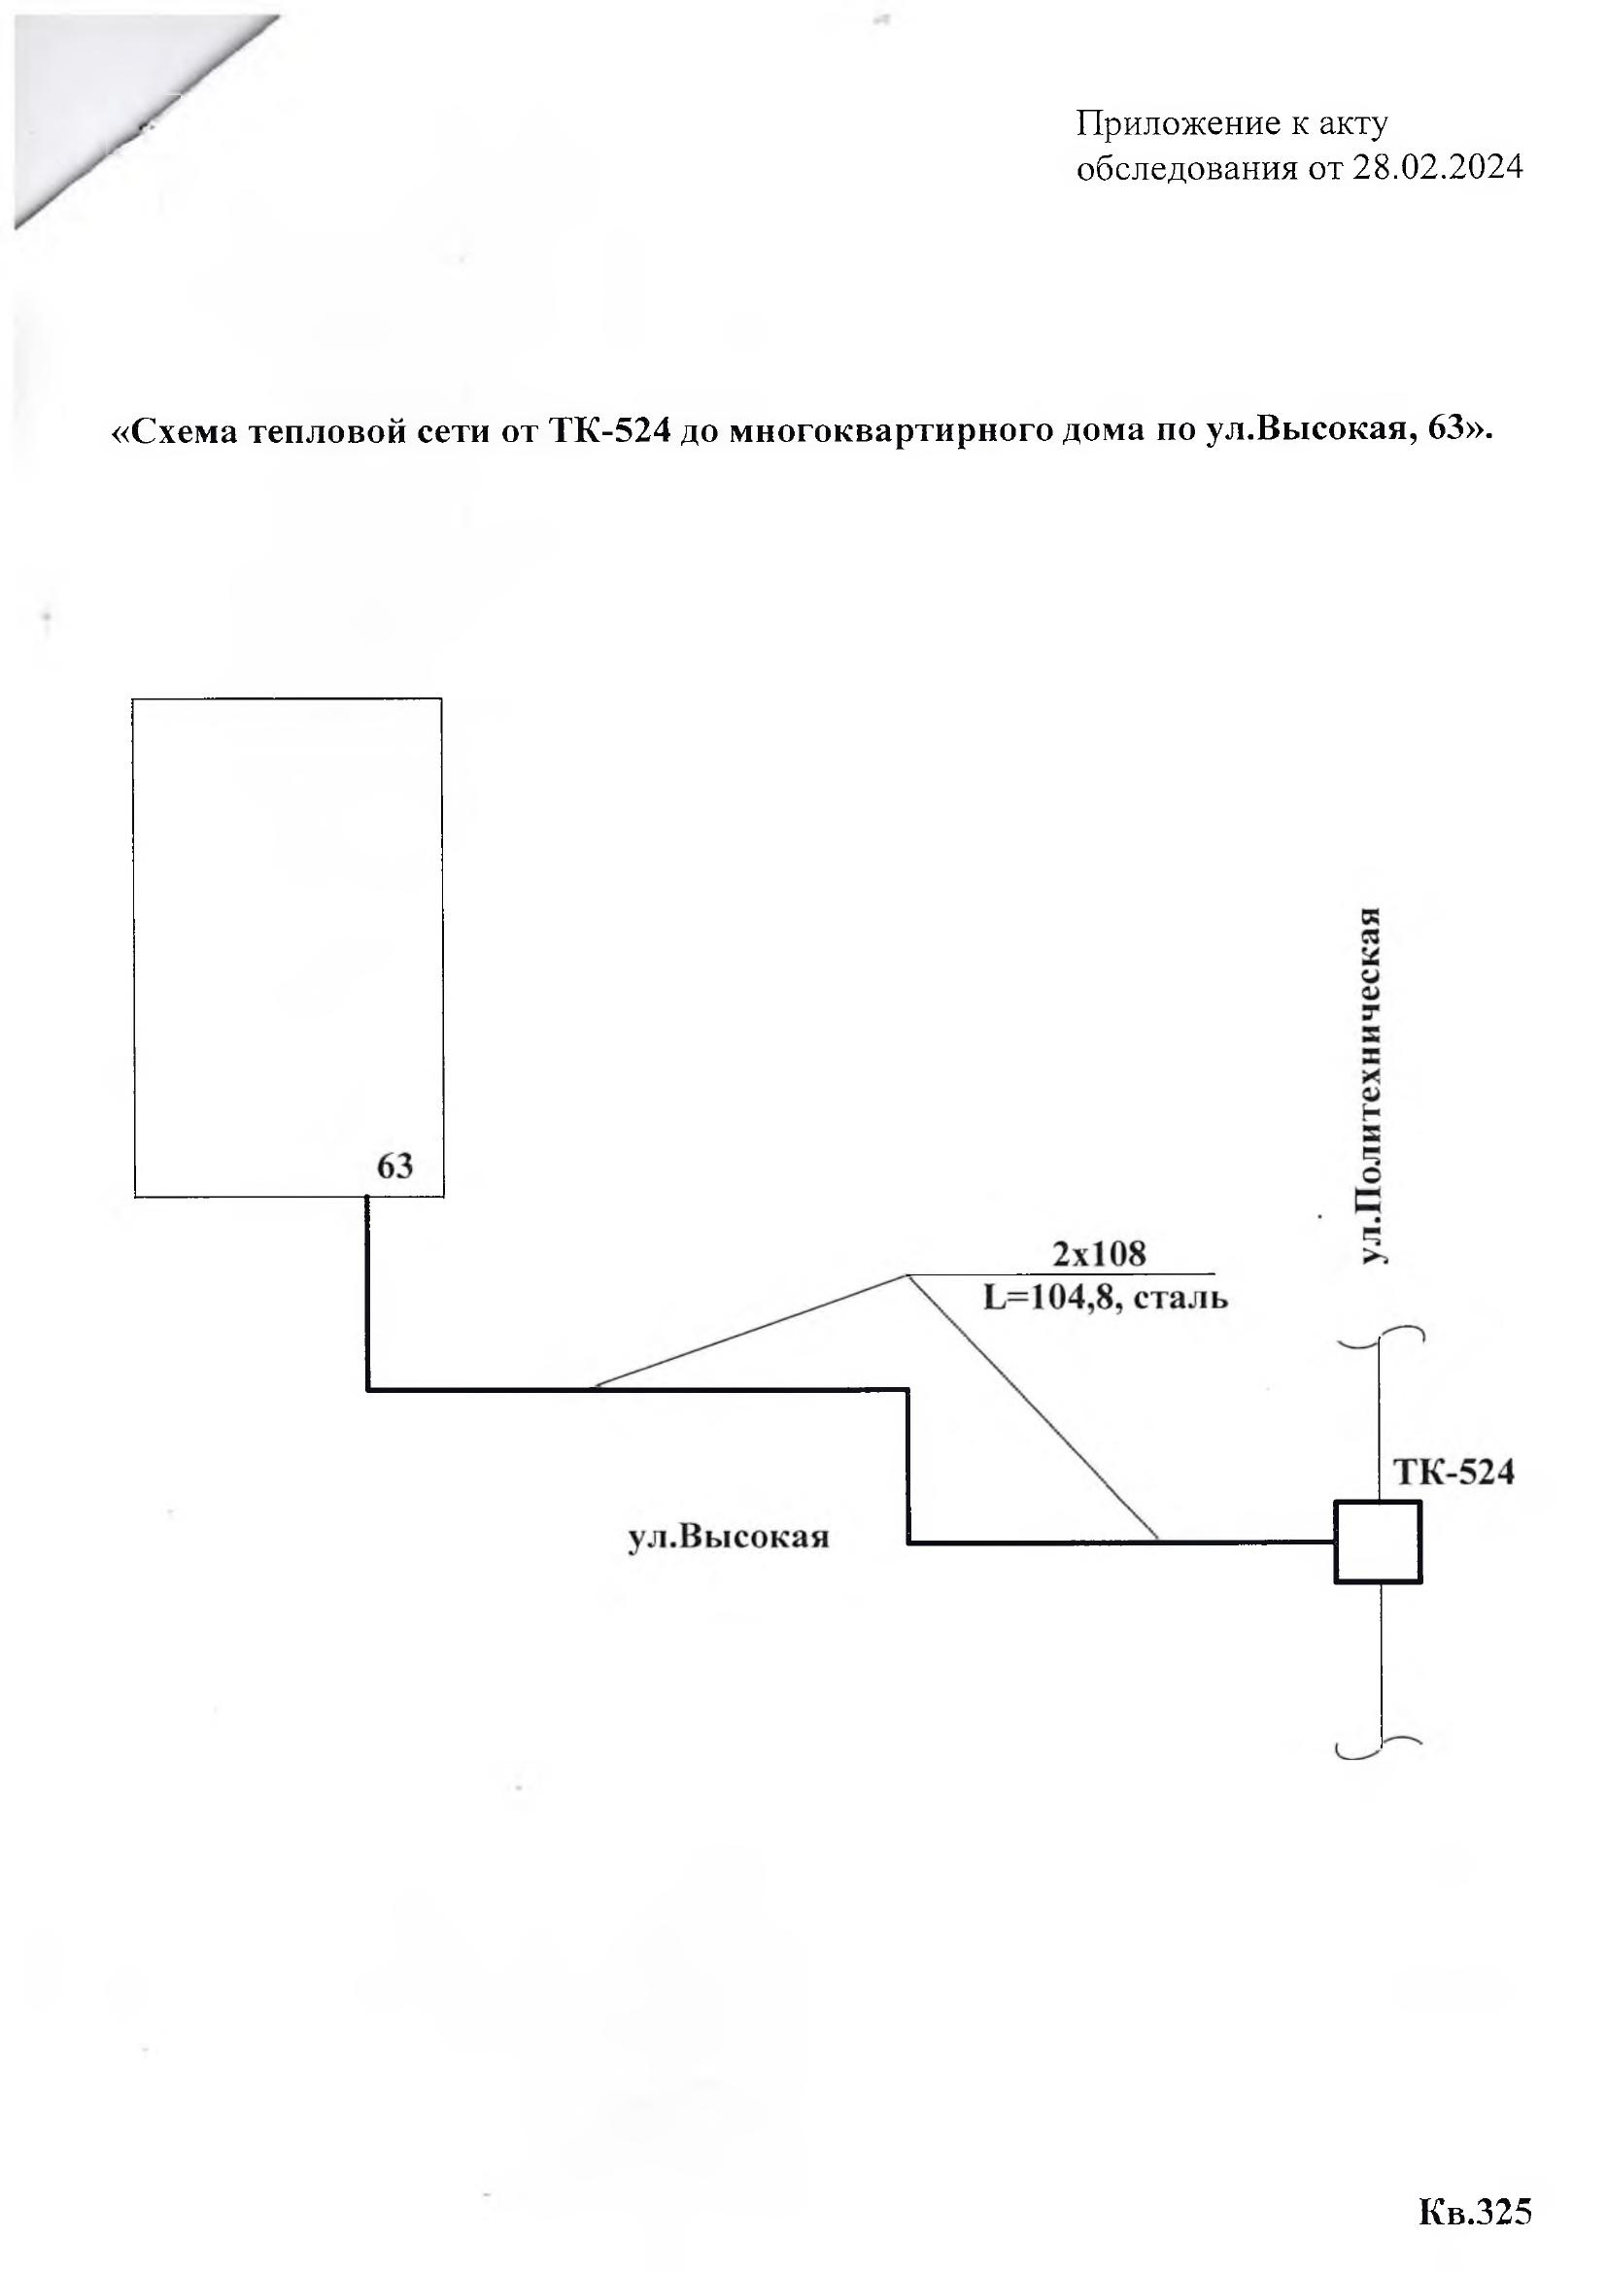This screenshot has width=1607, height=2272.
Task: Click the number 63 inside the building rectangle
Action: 394,1167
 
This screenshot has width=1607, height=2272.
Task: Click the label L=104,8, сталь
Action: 1106,1298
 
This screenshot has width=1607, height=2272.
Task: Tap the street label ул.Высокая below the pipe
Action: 729,1537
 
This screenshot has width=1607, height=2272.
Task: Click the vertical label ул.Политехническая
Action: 1373,1086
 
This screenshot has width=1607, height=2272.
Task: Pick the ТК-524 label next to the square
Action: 1453,1473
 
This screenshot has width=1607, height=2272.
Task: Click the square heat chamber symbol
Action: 1378,1543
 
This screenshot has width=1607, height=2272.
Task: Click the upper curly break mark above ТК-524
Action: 1381,1334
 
